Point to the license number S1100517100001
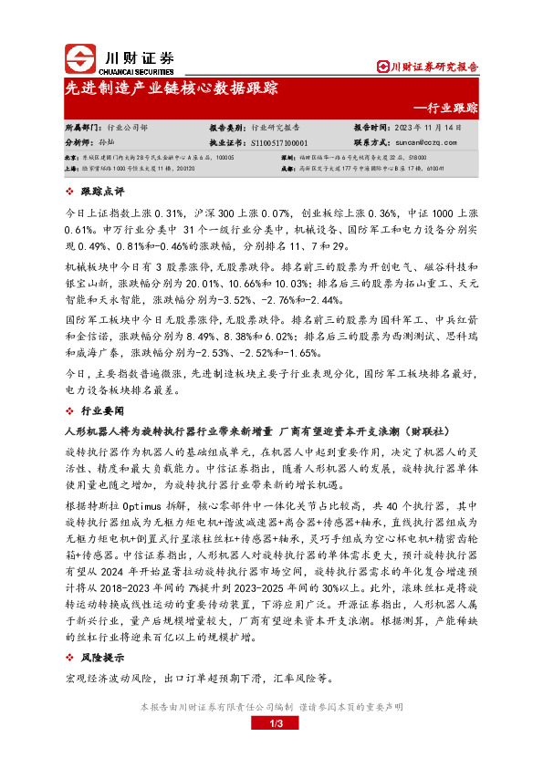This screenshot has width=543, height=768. (x=277, y=142)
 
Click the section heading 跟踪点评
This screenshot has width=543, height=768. (x=101, y=192)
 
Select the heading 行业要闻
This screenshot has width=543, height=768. (x=101, y=410)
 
